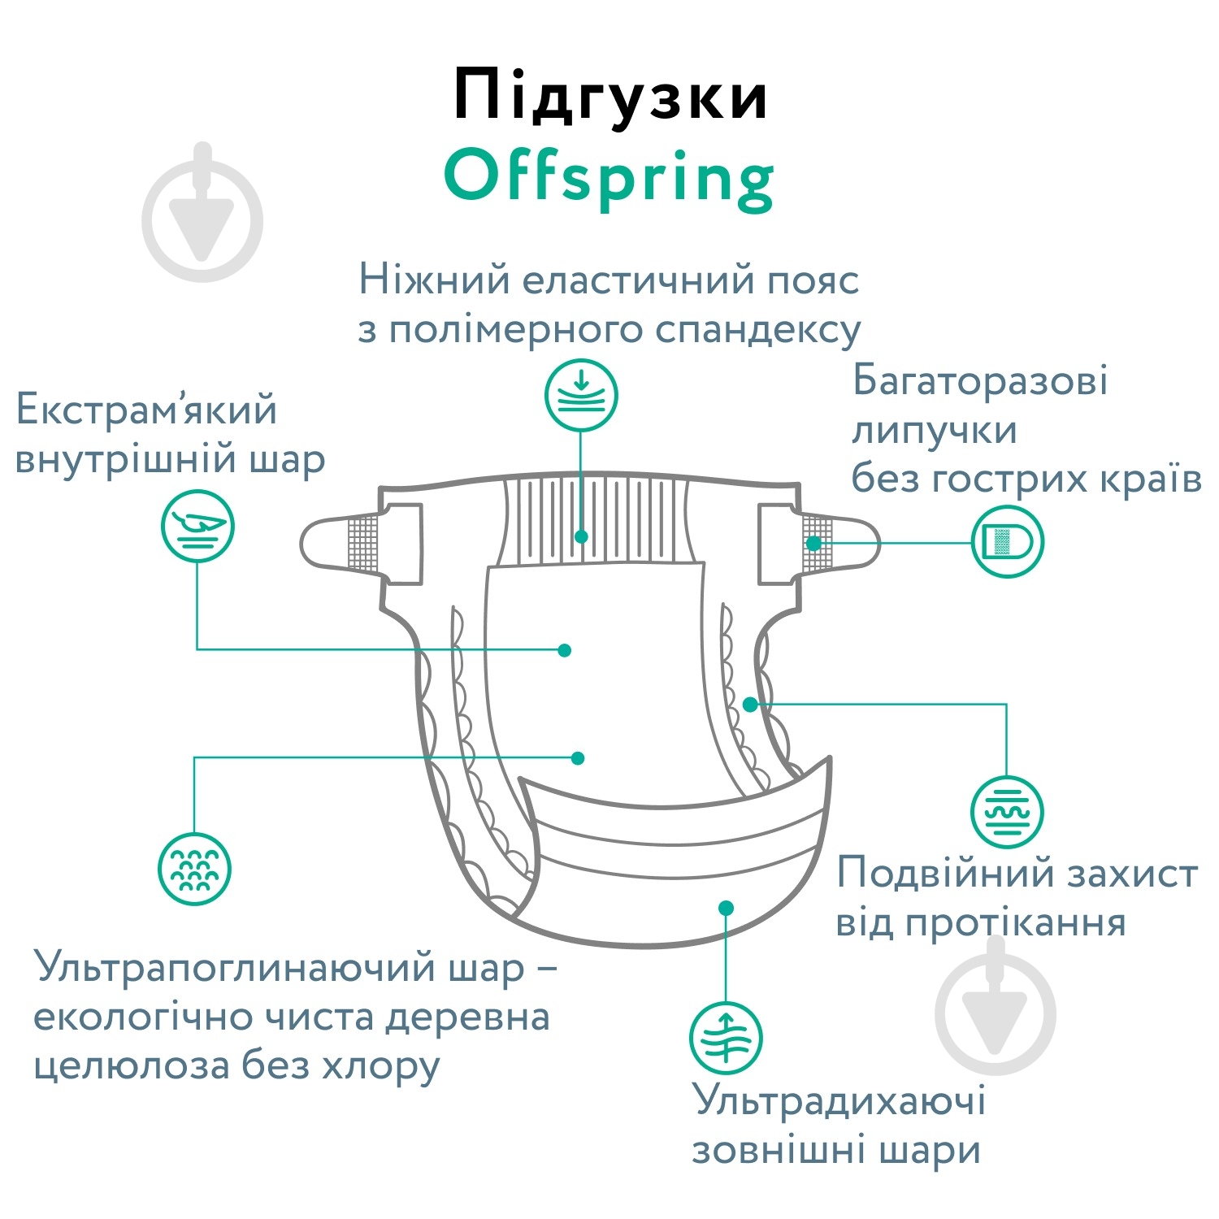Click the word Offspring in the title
pyautogui.click(x=609, y=180)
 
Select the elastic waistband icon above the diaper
pyautogui.click(x=581, y=396)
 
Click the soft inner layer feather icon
pyautogui.click(x=197, y=526)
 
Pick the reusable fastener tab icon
pyautogui.click(x=1008, y=541)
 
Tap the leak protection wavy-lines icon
pyautogui.click(x=1007, y=812)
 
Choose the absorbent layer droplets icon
pyautogui.click(x=195, y=869)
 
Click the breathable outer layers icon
pyautogui.click(x=726, y=1038)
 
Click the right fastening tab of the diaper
pyautogui.click(x=819, y=542)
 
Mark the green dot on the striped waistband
pyautogui.click(x=581, y=536)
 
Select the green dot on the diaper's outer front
pyautogui.click(x=727, y=907)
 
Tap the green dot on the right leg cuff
pyautogui.click(x=750, y=704)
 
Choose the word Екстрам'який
pyautogui.click(x=146, y=410)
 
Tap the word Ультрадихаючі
pyautogui.click(x=839, y=1102)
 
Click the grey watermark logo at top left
pyautogui.click(x=202, y=213)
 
